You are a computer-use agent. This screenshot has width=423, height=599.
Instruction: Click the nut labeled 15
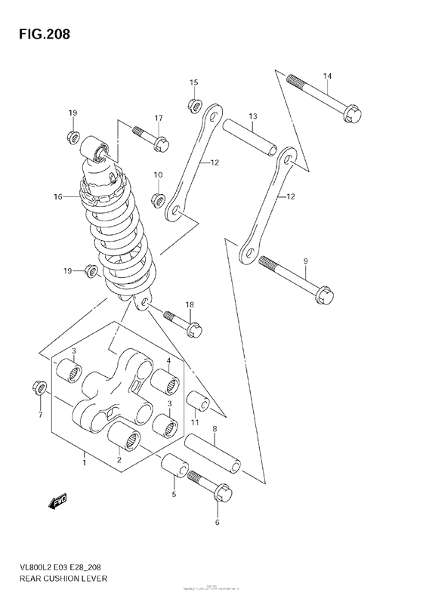click(193, 103)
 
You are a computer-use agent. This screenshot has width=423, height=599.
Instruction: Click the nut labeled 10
click(158, 199)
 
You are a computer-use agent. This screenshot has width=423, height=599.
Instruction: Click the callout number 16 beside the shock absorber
click(57, 197)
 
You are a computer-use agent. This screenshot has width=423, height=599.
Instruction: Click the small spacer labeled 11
click(194, 401)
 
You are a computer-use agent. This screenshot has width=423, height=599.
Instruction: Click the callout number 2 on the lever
click(119, 459)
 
